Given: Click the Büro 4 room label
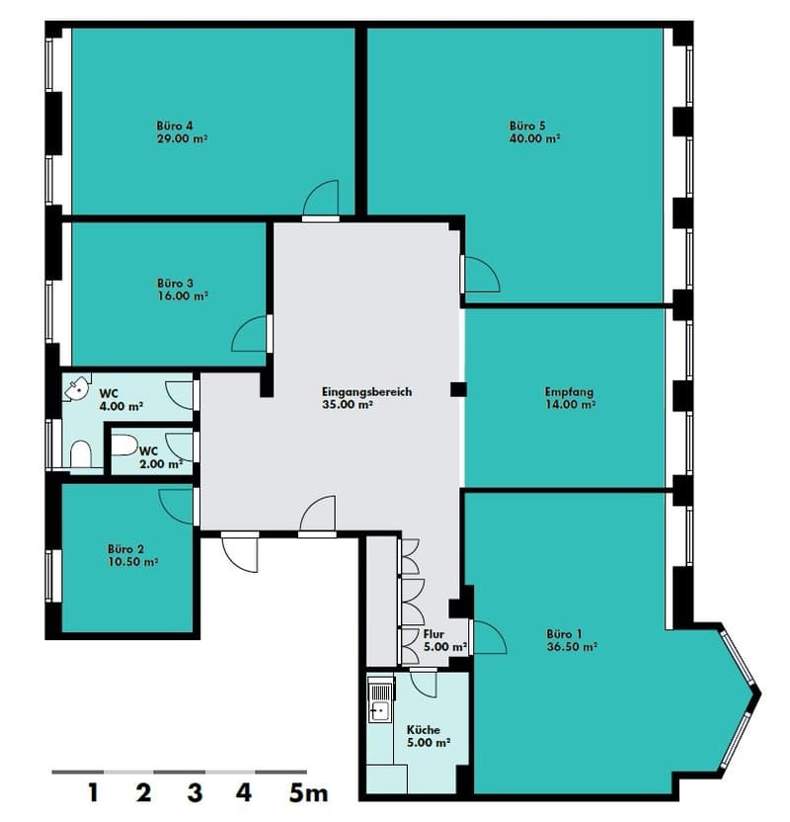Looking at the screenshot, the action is [175, 125].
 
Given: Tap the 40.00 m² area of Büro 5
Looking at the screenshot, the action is [535, 139].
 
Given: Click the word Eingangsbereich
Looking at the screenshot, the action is [366, 392].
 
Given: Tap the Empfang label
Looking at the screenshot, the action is [569, 391].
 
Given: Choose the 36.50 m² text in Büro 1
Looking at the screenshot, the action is [572, 647].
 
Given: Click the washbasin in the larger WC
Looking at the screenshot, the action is [76, 387].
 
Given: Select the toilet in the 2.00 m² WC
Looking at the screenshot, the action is [123, 445].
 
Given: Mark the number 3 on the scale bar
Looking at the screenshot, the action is [195, 792].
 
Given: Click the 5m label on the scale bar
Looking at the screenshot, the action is [308, 792].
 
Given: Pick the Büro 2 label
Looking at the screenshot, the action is [125, 549].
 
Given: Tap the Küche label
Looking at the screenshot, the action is [424, 730].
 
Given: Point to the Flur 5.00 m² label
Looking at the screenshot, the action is [444, 640].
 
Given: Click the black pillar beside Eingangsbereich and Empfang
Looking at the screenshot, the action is [458, 389].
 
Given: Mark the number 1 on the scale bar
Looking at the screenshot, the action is [93, 792].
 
